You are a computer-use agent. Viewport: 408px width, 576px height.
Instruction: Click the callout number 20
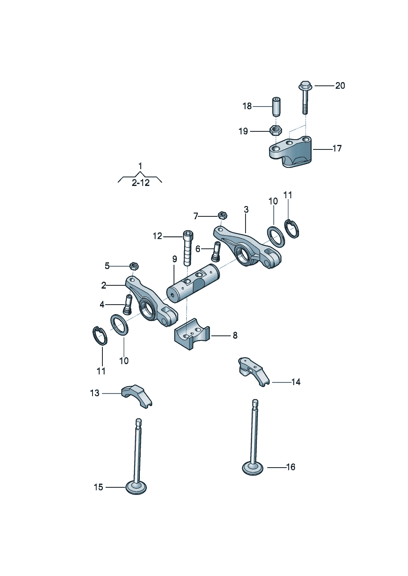(x=340, y=86)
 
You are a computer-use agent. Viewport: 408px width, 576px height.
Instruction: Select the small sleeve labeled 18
(x=276, y=107)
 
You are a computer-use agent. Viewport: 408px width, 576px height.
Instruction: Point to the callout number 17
(x=337, y=148)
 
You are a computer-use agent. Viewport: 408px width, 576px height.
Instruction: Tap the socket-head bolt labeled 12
(x=188, y=248)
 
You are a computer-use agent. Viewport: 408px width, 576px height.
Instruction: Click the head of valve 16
(x=253, y=468)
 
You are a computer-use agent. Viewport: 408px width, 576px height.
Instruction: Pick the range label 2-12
(x=141, y=183)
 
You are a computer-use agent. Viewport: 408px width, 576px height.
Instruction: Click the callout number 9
(x=175, y=259)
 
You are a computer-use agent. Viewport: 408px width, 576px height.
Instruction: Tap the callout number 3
(x=246, y=209)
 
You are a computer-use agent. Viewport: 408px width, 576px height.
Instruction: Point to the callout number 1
(x=140, y=165)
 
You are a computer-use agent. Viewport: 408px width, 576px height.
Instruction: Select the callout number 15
(x=98, y=487)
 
